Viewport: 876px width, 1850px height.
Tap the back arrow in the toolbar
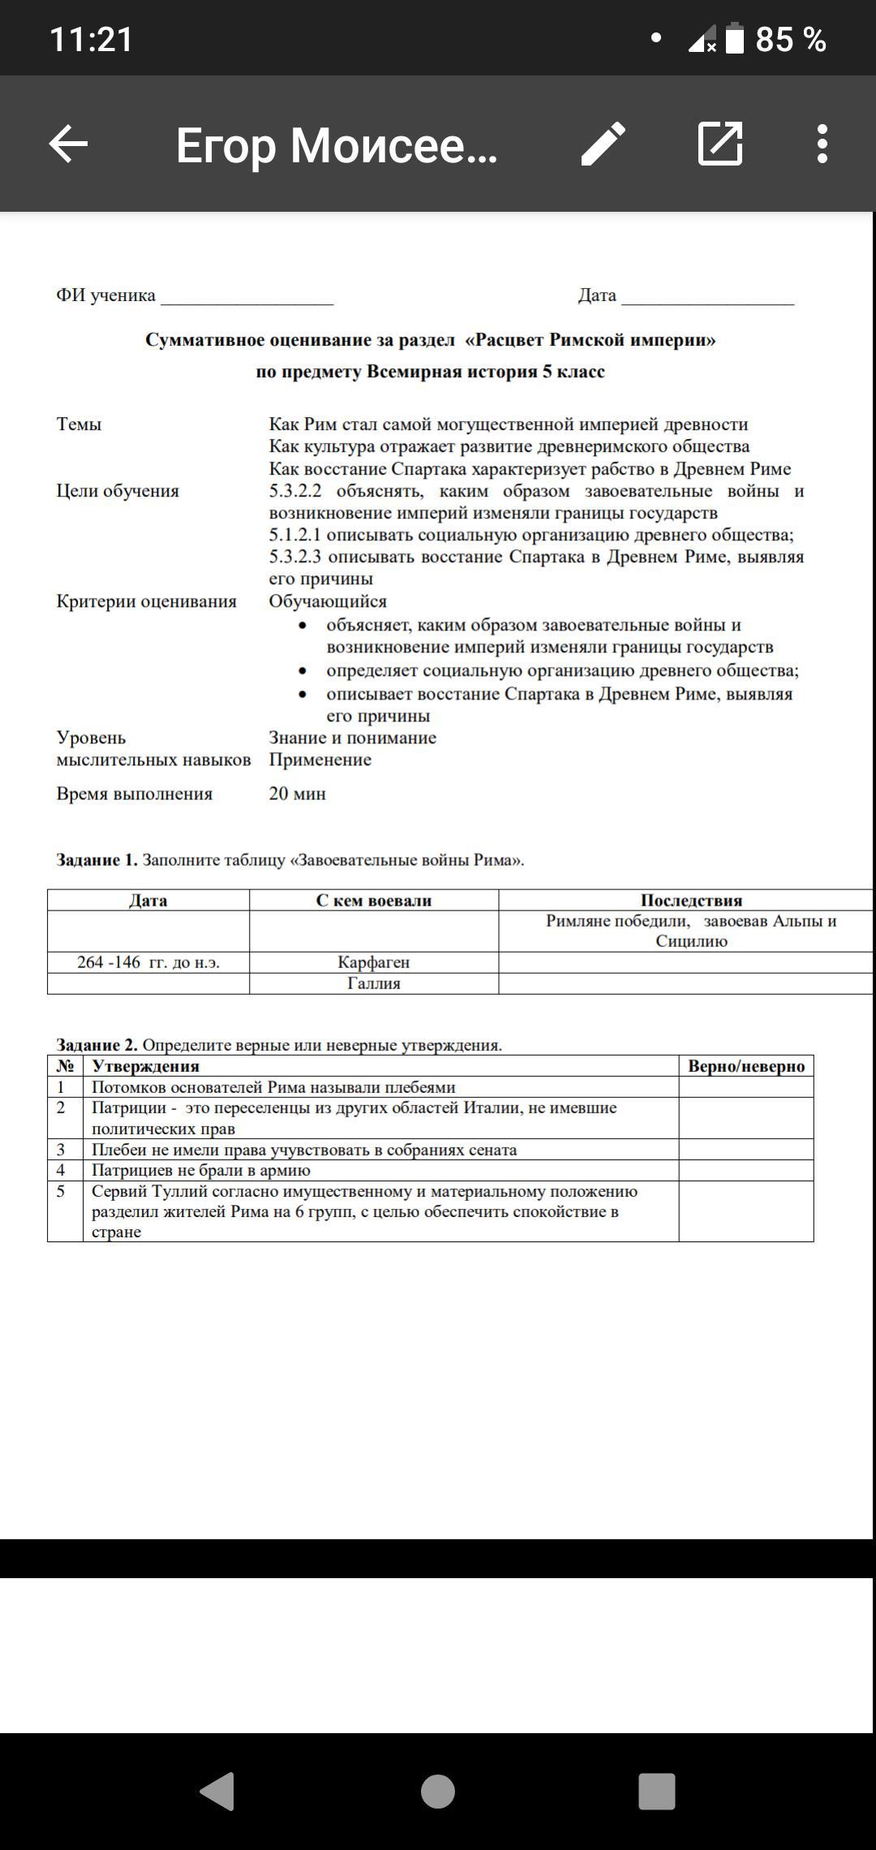[68, 144]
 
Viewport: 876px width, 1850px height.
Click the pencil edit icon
[603, 144]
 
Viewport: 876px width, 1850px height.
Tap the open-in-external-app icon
[720, 144]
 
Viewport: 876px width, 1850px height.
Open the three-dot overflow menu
[822, 144]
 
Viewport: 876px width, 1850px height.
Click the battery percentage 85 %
[790, 39]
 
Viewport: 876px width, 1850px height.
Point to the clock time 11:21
[92, 39]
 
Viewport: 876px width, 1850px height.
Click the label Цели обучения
[118, 491]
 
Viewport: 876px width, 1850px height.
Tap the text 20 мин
[298, 794]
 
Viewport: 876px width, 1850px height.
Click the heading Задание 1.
[97, 860]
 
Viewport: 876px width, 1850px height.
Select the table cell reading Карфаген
[374, 962]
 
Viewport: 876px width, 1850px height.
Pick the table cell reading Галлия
[374, 983]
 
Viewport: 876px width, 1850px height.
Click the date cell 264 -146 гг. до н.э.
[148, 962]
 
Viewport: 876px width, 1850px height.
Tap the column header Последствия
[691, 900]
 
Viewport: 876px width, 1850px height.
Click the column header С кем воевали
[374, 900]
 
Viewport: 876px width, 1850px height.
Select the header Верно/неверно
[746, 1066]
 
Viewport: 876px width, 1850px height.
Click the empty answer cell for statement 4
[746, 1170]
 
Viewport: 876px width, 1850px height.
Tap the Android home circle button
[438, 1791]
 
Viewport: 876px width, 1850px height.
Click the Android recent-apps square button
[657, 1791]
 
